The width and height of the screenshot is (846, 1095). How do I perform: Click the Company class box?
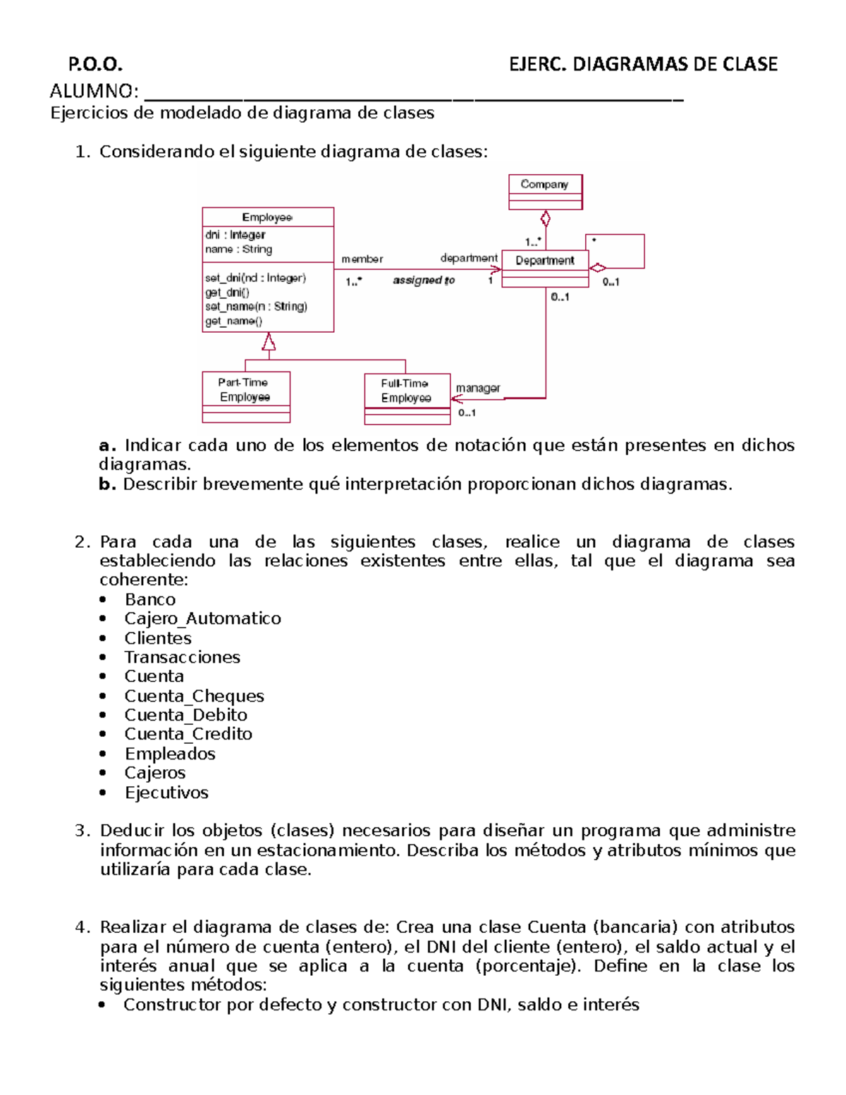tap(545, 192)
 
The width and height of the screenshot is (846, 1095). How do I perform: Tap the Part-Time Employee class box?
tap(245, 396)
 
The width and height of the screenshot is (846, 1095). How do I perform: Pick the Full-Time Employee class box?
tap(407, 398)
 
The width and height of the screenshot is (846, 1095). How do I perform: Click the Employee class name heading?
tap(267, 217)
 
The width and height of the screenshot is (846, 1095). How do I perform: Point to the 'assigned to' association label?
tap(424, 280)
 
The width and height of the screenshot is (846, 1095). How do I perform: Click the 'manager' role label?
tap(477, 388)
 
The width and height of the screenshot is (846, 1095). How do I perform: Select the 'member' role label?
tap(362, 259)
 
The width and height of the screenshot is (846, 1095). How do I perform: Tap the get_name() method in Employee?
tap(233, 322)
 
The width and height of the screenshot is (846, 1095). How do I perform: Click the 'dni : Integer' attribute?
tap(235, 235)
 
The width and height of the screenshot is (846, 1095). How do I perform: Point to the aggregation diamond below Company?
tap(545, 218)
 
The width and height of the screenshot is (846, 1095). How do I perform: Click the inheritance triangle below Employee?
tap(269, 343)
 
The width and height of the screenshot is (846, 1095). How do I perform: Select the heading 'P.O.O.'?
tap(95, 64)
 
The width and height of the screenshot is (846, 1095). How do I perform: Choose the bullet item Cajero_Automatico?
tap(202, 618)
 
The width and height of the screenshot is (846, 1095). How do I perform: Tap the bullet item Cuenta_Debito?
tap(185, 715)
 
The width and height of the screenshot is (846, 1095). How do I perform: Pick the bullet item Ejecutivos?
tap(166, 793)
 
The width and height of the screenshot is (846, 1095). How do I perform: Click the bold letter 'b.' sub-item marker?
tap(106, 484)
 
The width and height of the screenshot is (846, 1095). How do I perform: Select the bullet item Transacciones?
tap(182, 657)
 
